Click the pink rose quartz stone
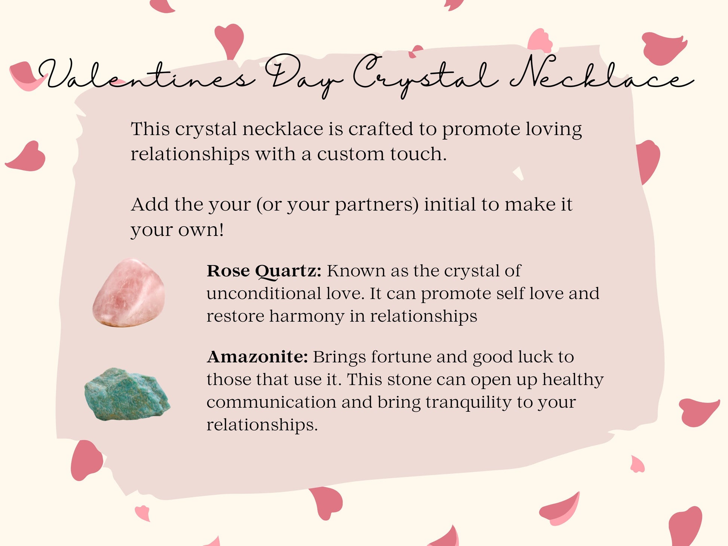pos(128,292)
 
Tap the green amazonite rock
pos(127,394)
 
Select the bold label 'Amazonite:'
pos(257,357)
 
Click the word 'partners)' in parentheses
pos(376,206)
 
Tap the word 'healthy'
pos(573,380)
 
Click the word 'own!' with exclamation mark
pos(201,230)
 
